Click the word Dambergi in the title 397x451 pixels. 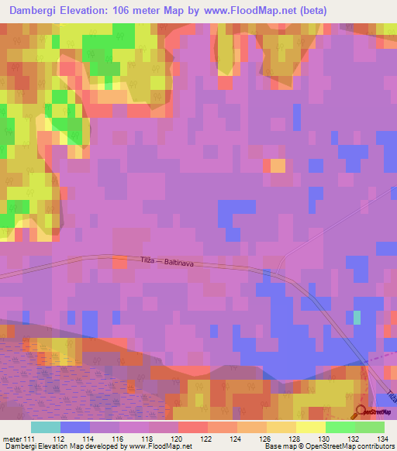coord(37,11)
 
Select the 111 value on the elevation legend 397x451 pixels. coord(29,439)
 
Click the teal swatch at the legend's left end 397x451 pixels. coord(46,427)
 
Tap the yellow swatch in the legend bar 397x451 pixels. coord(309,427)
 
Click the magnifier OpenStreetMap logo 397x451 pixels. coord(361,411)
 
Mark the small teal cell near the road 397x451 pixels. coord(357,317)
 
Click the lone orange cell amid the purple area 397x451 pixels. coord(277,165)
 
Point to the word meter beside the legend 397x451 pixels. coord(12,439)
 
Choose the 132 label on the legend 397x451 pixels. coord(346,439)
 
